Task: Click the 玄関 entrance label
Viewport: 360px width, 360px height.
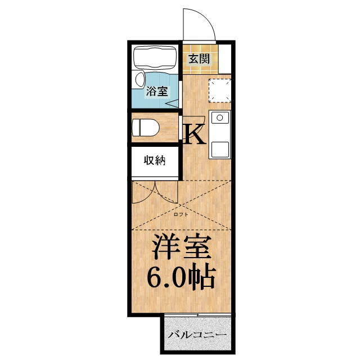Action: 199,58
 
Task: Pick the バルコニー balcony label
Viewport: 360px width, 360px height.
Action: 197,335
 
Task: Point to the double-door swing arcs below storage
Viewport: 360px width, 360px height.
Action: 155,194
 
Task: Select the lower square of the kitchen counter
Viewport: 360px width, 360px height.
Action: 219,149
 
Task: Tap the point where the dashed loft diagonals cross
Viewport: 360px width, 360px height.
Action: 181,205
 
